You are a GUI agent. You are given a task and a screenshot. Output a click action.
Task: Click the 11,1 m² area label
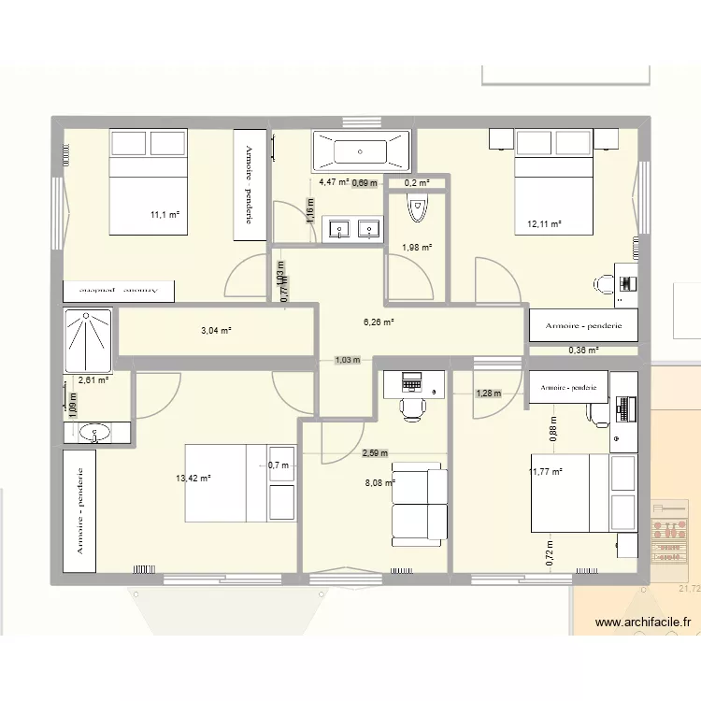[x=165, y=215]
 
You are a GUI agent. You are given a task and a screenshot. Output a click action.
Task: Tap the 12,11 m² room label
[x=544, y=224]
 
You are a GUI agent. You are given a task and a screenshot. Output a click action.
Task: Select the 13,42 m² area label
[x=193, y=478]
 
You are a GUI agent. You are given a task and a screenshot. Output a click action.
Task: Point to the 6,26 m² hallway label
[x=379, y=322]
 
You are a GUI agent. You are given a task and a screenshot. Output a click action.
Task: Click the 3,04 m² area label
[x=215, y=331]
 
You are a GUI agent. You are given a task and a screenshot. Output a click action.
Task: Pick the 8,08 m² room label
[x=380, y=483]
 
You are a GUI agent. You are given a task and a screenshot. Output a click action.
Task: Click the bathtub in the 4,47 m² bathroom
[x=361, y=149]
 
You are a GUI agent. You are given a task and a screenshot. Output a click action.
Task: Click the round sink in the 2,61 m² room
[x=93, y=432]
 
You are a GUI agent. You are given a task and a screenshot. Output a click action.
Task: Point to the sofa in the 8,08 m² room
[x=418, y=504]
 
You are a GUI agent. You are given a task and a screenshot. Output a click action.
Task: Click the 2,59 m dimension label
[x=375, y=453]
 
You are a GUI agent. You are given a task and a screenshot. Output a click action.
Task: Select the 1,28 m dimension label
[x=489, y=393]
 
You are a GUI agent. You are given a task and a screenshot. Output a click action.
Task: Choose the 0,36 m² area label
[x=583, y=350]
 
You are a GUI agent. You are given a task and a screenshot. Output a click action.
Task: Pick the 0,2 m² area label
[x=417, y=183]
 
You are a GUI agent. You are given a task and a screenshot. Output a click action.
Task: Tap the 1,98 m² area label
[x=417, y=248]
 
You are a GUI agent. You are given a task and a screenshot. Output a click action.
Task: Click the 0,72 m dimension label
[x=551, y=555]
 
